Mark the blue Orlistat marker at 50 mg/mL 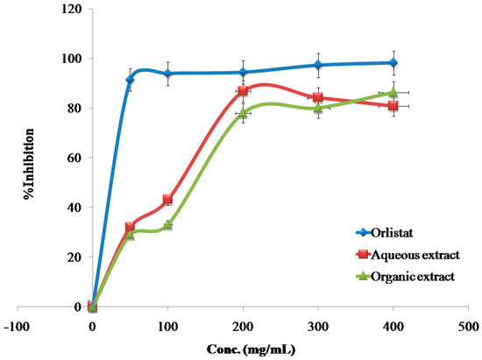click(x=130, y=80)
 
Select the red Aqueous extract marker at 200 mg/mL click(x=243, y=91)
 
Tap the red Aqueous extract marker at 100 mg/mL click(x=167, y=200)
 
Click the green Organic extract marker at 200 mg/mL click(x=243, y=113)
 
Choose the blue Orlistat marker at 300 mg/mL click(x=318, y=65)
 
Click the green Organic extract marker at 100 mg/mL click(x=167, y=224)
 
